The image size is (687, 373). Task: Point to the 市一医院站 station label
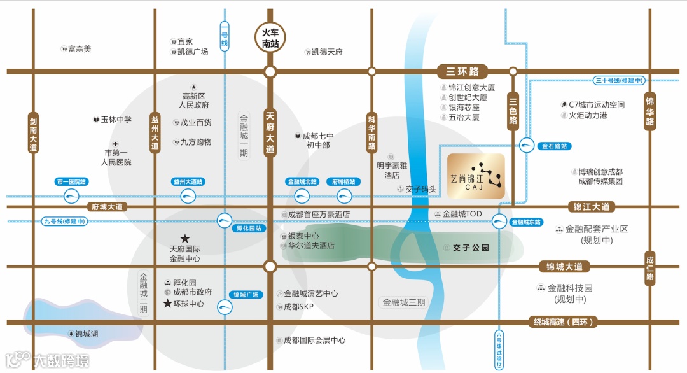pyautogui.click(x=72, y=181)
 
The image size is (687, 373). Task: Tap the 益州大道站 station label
pyautogui.click(x=188, y=181)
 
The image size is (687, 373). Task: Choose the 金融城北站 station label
pyautogui.click(x=302, y=181)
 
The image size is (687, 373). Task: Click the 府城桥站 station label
pyautogui.click(x=343, y=181)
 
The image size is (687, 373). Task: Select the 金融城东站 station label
pyautogui.click(x=525, y=222)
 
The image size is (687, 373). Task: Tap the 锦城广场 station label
pyautogui.click(x=246, y=295)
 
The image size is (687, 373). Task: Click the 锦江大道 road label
pyautogui.click(x=592, y=207)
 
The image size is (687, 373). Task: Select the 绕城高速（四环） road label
pyautogui.click(x=564, y=322)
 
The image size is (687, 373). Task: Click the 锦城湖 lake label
pyautogui.click(x=87, y=334)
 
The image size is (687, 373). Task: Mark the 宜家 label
pyautogui.click(x=185, y=41)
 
